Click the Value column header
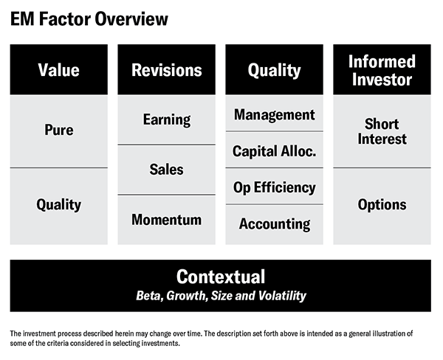click(x=59, y=69)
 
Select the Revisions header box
click(x=166, y=69)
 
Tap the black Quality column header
click(x=274, y=69)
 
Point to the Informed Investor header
click(x=382, y=69)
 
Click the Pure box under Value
click(x=59, y=131)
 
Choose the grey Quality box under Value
click(x=59, y=207)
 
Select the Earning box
click(x=166, y=120)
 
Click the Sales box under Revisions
click(x=166, y=170)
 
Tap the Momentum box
click(x=166, y=220)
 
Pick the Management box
click(x=274, y=113)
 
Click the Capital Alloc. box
click(x=274, y=150)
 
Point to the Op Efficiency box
click(x=274, y=187)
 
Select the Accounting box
click(x=274, y=225)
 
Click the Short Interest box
click(x=382, y=131)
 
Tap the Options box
click(x=382, y=207)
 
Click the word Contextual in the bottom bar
click(x=221, y=277)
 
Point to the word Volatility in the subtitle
click(x=282, y=296)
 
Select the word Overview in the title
click(x=131, y=19)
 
